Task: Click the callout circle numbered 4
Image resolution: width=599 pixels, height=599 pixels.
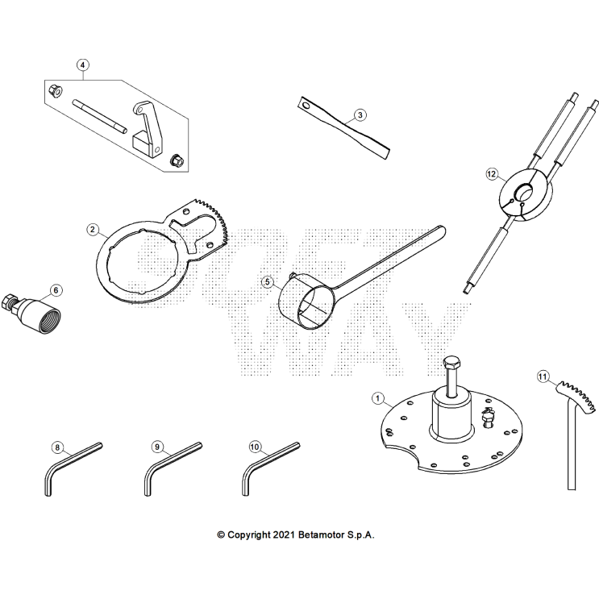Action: [x=83, y=64]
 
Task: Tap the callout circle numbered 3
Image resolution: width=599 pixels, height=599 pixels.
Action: [x=360, y=115]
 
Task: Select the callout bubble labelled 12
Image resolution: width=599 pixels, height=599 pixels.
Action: [x=493, y=173]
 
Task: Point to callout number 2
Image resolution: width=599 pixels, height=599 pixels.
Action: [x=94, y=230]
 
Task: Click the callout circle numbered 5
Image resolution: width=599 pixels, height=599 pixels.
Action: [x=268, y=282]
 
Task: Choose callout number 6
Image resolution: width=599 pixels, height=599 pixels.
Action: [x=55, y=289]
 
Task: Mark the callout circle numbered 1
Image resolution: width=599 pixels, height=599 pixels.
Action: [x=376, y=397]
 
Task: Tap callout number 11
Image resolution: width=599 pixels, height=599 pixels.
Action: [x=543, y=376]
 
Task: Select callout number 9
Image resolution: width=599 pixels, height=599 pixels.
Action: [x=157, y=446]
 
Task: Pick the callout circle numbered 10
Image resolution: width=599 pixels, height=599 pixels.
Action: [x=255, y=446]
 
